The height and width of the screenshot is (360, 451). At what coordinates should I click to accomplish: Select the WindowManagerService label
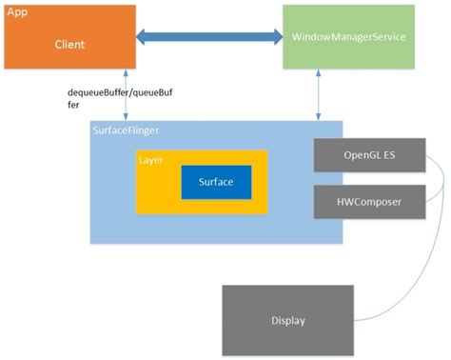coord(349,37)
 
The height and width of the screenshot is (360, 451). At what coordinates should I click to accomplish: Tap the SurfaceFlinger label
coord(126,130)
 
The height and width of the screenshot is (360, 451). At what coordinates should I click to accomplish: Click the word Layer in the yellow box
coord(150,160)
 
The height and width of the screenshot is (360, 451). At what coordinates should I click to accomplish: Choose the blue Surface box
coord(216,181)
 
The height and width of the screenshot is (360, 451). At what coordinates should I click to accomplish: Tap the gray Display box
coord(286,320)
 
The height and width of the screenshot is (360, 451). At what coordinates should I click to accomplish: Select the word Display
coord(286,321)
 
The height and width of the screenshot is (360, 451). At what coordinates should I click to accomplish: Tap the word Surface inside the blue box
coord(216,181)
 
